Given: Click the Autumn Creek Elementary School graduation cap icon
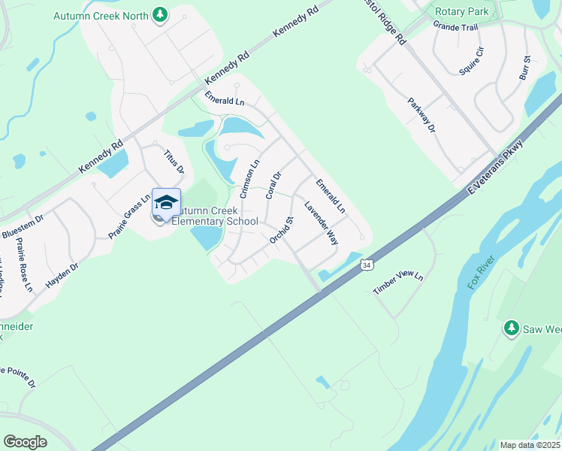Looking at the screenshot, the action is tap(166, 202).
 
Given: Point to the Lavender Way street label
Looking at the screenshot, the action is tap(321, 222).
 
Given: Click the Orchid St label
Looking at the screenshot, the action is tap(280, 230).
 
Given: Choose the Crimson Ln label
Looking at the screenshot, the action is tap(249, 178).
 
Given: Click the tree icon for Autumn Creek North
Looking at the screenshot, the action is tap(159, 14).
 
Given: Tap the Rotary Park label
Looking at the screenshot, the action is tap(462, 11).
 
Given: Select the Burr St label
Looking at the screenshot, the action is tap(524, 68).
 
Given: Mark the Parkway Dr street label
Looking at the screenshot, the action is tap(421, 115).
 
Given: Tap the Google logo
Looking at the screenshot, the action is tap(25, 442).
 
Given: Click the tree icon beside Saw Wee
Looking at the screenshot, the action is tap(512, 328).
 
